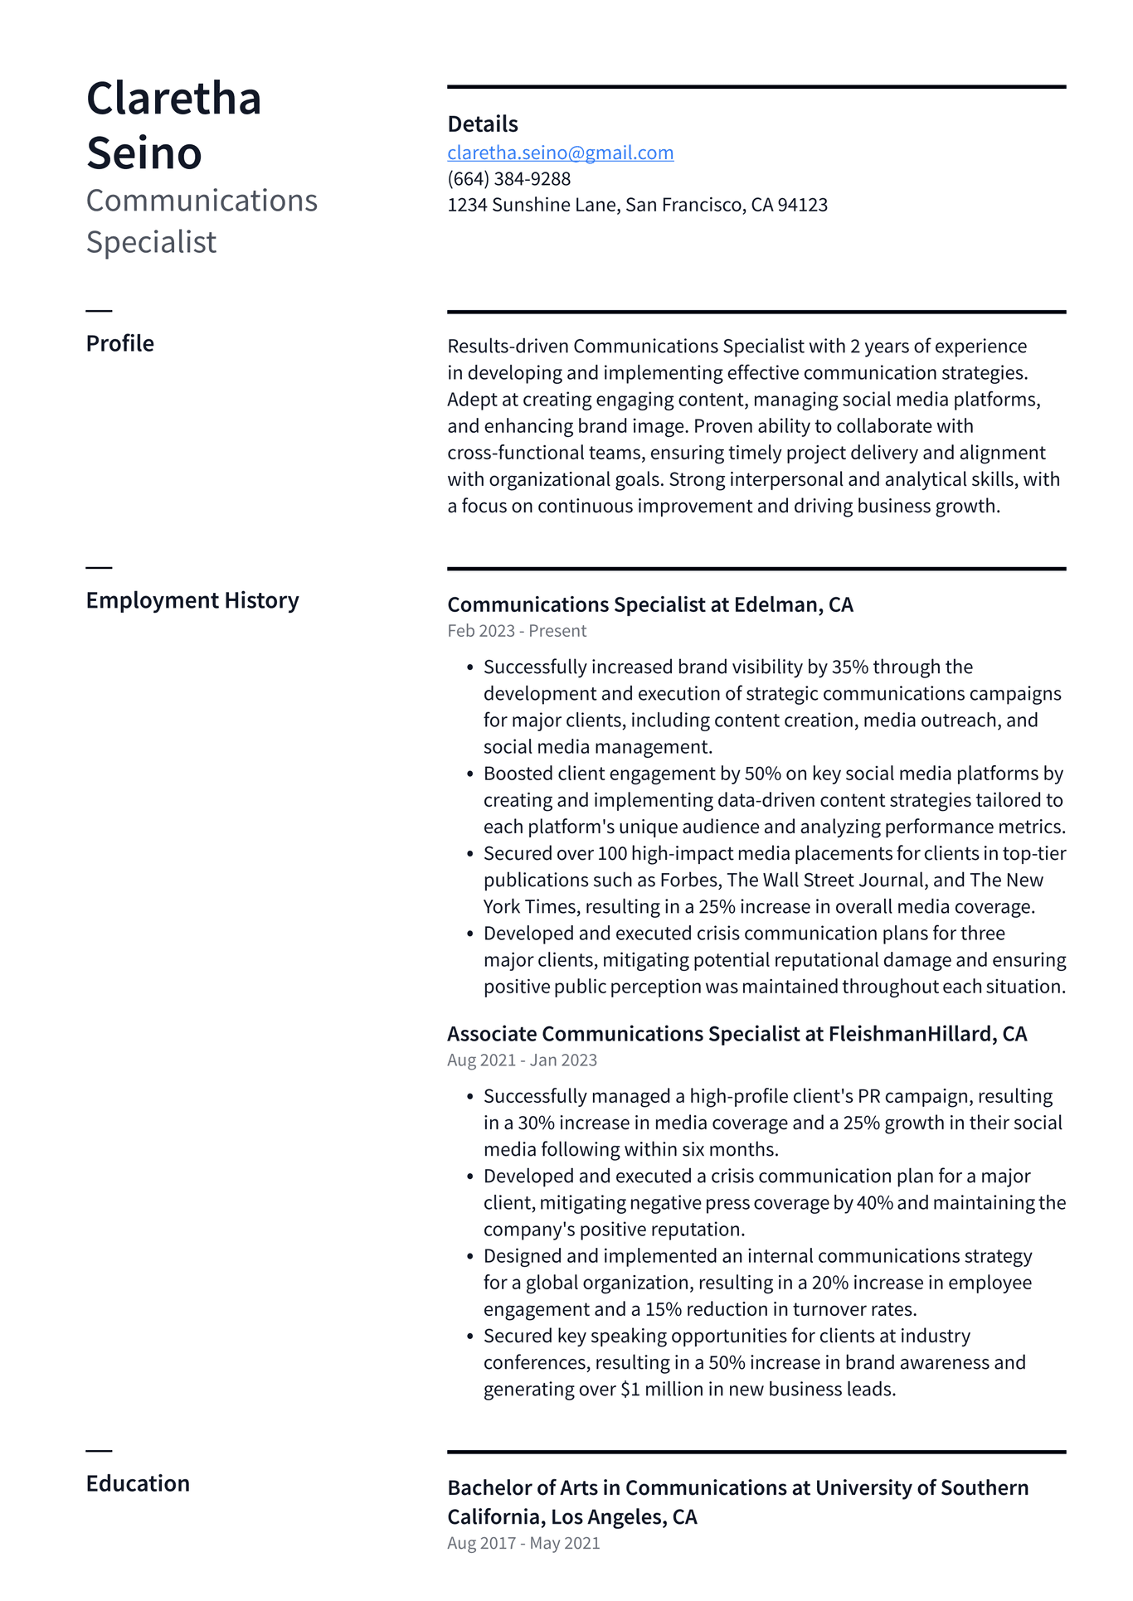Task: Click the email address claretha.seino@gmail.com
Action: [x=560, y=153]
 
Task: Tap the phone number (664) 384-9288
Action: [x=508, y=179]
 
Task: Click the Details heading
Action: [x=482, y=124]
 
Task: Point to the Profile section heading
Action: [x=119, y=343]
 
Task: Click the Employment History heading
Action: [x=192, y=600]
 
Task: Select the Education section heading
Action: [x=138, y=1483]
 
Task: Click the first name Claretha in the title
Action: [x=173, y=99]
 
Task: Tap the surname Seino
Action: [x=143, y=153]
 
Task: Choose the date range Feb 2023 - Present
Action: [x=516, y=631]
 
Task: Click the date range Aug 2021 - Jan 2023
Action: [x=522, y=1060]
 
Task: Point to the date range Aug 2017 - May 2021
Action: [x=523, y=1543]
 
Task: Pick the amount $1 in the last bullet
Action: [x=630, y=1389]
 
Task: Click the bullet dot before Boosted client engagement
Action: [x=469, y=774]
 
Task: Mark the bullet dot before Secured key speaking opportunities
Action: [x=469, y=1337]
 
